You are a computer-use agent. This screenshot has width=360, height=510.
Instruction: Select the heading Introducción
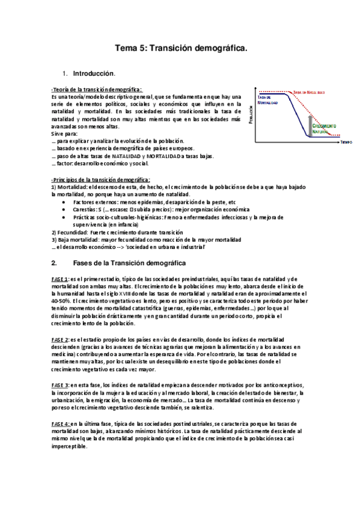click(x=93, y=74)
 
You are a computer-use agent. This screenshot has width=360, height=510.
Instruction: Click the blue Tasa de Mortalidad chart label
click(x=266, y=100)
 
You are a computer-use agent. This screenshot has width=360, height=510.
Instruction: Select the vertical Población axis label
click(x=251, y=115)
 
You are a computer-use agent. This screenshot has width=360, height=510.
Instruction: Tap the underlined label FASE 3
click(x=60, y=384)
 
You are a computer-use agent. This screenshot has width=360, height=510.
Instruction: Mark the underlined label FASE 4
click(x=60, y=423)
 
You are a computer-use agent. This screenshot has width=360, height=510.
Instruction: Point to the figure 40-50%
click(x=63, y=301)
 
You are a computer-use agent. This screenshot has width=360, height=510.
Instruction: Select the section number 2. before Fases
click(x=55, y=263)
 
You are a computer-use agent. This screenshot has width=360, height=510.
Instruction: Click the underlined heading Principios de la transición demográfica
click(x=102, y=180)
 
